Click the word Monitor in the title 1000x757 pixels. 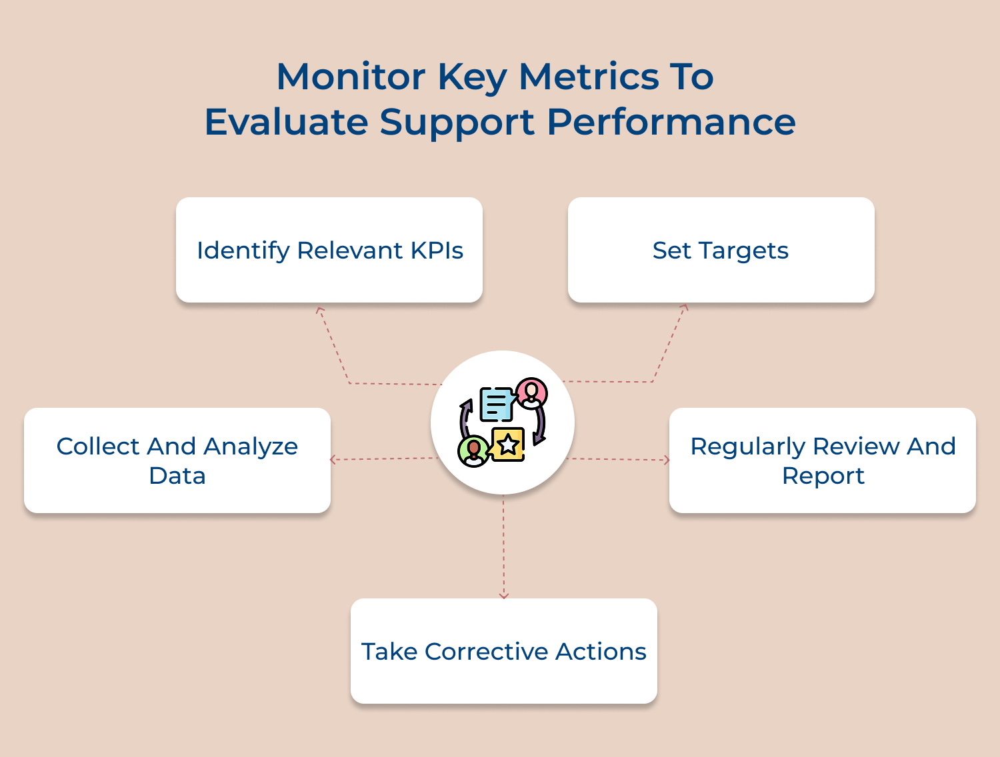point(351,77)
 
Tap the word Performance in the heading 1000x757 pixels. point(671,122)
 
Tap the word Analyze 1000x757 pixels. point(251,446)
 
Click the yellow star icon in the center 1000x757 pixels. point(509,444)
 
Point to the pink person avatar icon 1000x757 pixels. point(531,393)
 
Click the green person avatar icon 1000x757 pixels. point(473,451)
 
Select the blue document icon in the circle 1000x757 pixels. point(496,404)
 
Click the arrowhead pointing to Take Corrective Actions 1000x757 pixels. point(504,595)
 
